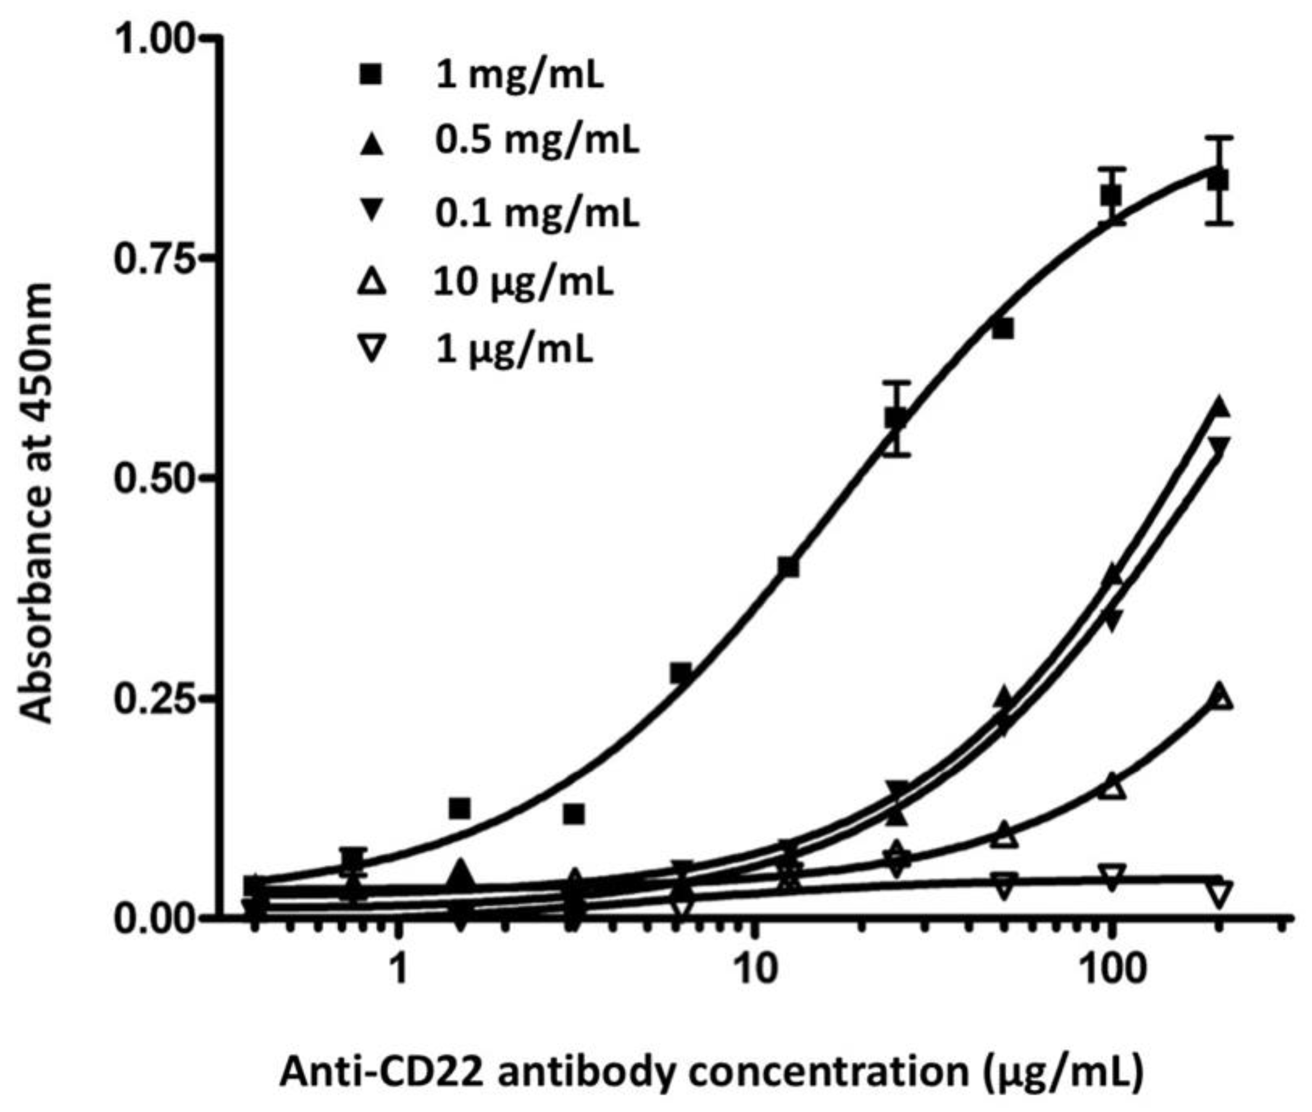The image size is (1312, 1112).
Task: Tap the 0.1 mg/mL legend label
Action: pyautogui.click(x=536, y=214)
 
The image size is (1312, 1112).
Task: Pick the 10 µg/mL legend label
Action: pyautogui.click(x=522, y=283)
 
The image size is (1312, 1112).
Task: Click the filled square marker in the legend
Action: pyautogui.click(x=371, y=76)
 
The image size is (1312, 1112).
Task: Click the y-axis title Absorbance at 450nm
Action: pyautogui.click(x=36, y=502)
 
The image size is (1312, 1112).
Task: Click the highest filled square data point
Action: pyautogui.click(x=1219, y=180)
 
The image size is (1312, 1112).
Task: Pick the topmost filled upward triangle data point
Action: pyautogui.click(x=1220, y=407)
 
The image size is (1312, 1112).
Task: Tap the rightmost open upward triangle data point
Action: pyautogui.click(x=1220, y=697)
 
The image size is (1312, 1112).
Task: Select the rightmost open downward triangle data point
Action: pyautogui.click(x=1220, y=895)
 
